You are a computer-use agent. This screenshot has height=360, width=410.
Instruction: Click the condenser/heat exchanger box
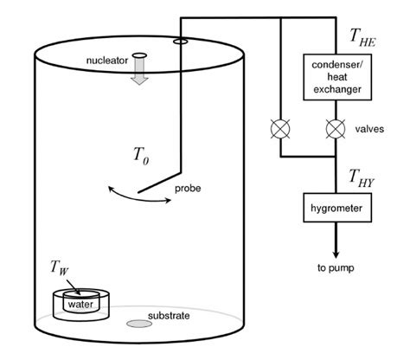tap(336, 77)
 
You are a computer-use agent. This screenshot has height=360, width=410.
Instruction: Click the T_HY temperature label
tap(363, 177)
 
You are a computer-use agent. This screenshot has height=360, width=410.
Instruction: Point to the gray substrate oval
tap(137, 325)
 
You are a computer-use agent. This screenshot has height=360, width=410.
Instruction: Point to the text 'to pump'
tap(336, 267)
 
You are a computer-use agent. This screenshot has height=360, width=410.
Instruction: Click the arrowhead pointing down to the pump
tap(336, 248)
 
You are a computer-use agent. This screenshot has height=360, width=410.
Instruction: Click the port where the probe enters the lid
tap(179, 41)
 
